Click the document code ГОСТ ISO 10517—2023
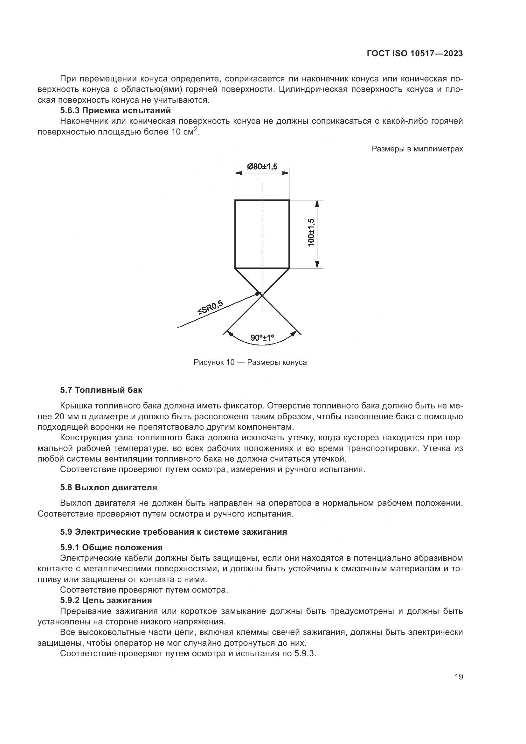point(415,54)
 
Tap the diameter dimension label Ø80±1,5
point(262,167)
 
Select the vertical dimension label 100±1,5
point(311,232)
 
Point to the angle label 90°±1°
point(262,338)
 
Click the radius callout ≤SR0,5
point(211,308)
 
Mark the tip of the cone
point(262,295)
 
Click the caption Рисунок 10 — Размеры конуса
point(250,362)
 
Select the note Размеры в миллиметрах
point(417,149)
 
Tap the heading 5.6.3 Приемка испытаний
point(115,110)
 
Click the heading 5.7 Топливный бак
point(101,390)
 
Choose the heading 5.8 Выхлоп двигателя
point(108,487)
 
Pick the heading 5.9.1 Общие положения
point(111,548)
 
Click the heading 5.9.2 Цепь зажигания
point(106,601)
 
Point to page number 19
point(459,677)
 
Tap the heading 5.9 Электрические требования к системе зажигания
point(173,532)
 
